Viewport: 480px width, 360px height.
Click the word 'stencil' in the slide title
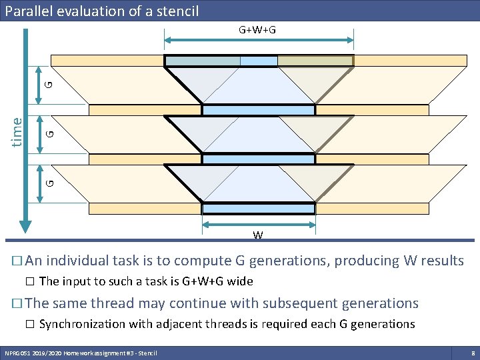(x=175, y=11)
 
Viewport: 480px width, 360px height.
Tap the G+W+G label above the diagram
(x=258, y=30)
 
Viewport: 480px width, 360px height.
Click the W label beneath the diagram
(x=257, y=235)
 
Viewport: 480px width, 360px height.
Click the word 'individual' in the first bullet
(x=79, y=260)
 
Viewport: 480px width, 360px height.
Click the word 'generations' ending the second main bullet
(x=380, y=303)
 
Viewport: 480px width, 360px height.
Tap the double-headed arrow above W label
(x=258, y=225)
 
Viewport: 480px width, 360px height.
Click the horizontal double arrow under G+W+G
(x=259, y=41)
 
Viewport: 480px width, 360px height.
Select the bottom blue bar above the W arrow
(x=258, y=209)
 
